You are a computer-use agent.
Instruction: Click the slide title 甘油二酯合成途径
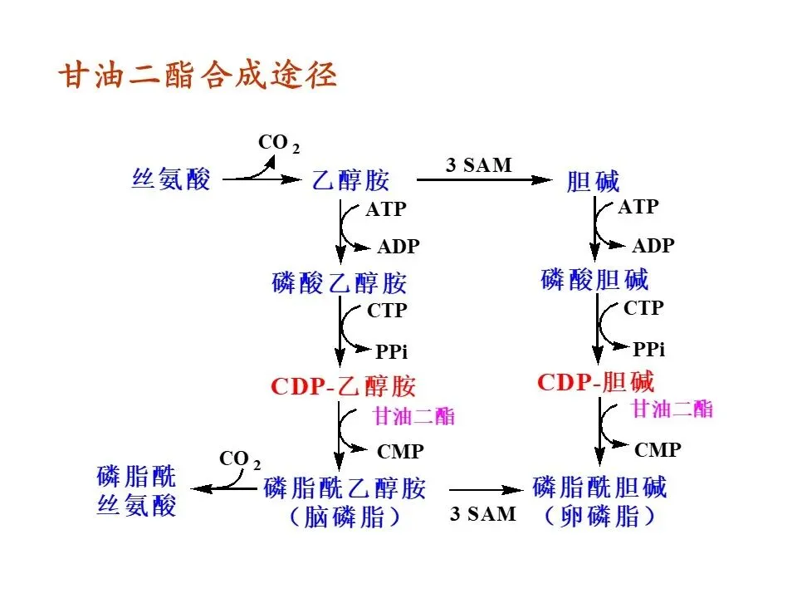point(197,76)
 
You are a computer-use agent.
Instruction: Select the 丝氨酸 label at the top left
point(171,179)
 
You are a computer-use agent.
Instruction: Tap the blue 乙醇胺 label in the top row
point(350,180)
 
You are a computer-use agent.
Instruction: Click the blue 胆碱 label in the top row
point(593,180)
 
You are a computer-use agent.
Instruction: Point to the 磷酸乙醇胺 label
point(340,282)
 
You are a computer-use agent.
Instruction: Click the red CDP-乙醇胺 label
point(343,386)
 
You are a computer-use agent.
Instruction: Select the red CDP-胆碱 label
point(595,382)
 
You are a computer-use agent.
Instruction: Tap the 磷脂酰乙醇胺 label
point(345,488)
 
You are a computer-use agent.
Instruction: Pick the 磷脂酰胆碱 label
point(599,486)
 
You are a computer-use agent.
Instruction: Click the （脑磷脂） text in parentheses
point(345,517)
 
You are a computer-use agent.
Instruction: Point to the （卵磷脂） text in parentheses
point(599,516)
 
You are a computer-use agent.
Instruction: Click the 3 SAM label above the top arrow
point(479,164)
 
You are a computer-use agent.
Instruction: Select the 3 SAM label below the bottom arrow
point(482,513)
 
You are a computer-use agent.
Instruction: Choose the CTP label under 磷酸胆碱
point(643,308)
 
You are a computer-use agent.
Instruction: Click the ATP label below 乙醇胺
point(386,209)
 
